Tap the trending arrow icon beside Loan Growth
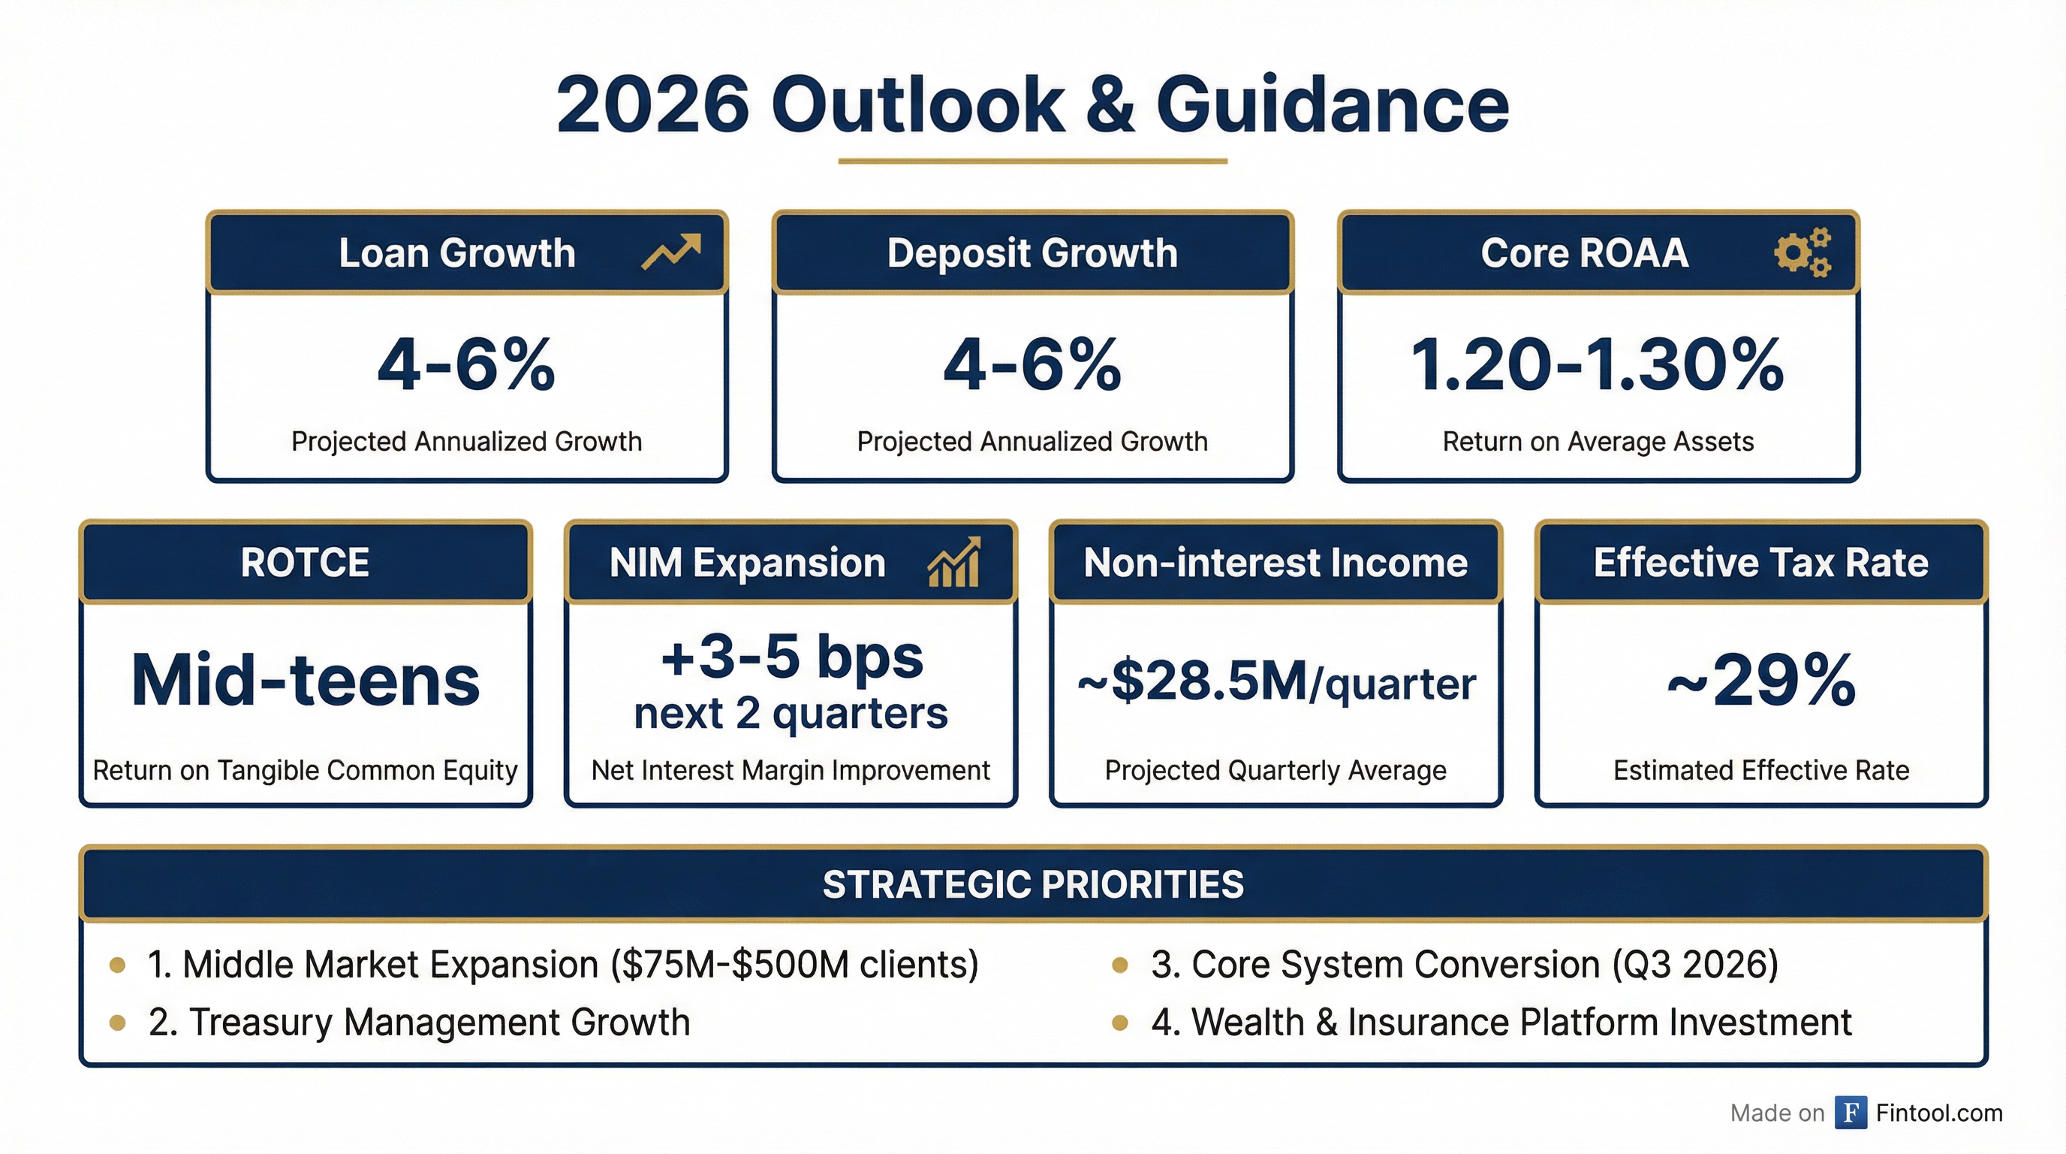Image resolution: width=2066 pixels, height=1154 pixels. tap(671, 252)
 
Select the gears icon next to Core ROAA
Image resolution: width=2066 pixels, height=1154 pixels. tap(1803, 252)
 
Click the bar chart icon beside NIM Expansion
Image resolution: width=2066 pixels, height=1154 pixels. tap(953, 562)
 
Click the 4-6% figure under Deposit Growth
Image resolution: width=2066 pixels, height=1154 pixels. tap(1032, 365)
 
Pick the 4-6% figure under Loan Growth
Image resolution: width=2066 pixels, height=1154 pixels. tap(466, 365)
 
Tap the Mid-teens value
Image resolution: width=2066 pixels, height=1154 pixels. tap(306, 681)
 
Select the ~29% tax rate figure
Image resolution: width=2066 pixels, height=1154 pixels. tap(1761, 681)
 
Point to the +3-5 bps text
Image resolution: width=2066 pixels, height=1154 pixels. tap(791, 657)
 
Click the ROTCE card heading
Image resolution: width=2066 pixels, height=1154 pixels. tap(305, 562)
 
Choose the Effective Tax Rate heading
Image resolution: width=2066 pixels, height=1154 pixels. tap(1760, 562)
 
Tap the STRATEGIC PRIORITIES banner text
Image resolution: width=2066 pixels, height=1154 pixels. tap(1033, 884)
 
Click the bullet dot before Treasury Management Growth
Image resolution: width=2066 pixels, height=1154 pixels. tap(117, 1023)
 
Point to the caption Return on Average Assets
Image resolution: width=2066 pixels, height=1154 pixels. tap(1598, 441)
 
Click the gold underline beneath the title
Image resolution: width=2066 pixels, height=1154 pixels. tap(1032, 162)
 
